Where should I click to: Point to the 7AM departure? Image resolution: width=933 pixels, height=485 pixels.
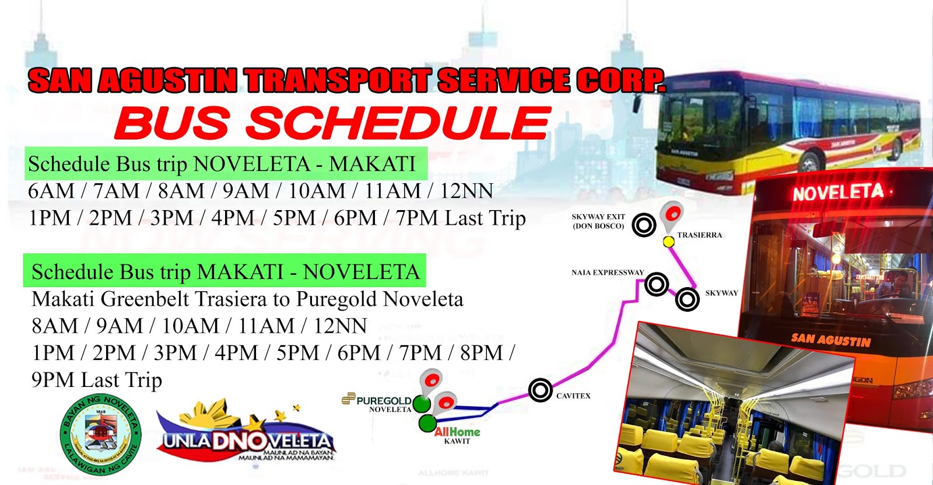click(x=116, y=191)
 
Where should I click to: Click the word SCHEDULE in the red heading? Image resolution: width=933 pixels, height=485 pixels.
click(x=398, y=123)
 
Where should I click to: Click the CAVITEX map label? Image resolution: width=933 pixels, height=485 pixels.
click(x=573, y=396)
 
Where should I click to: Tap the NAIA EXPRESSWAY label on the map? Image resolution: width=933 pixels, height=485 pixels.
click(x=608, y=273)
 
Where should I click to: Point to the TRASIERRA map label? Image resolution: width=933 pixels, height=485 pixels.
click(x=699, y=235)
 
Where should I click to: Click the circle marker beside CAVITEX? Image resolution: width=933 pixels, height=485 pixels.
click(x=541, y=390)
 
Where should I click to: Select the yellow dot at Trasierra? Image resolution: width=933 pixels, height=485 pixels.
click(x=669, y=242)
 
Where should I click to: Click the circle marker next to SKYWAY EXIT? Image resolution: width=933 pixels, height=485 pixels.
click(x=644, y=225)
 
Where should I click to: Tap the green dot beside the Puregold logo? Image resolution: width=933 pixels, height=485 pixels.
click(x=422, y=403)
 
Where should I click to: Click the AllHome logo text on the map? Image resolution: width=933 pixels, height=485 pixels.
click(x=457, y=432)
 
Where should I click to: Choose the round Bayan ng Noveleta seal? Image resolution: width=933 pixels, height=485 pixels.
click(x=100, y=435)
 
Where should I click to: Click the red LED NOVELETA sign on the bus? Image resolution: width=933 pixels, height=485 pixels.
click(x=837, y=192)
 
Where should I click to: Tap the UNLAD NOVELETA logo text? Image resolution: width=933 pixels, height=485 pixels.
click(x=247, y=441)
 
